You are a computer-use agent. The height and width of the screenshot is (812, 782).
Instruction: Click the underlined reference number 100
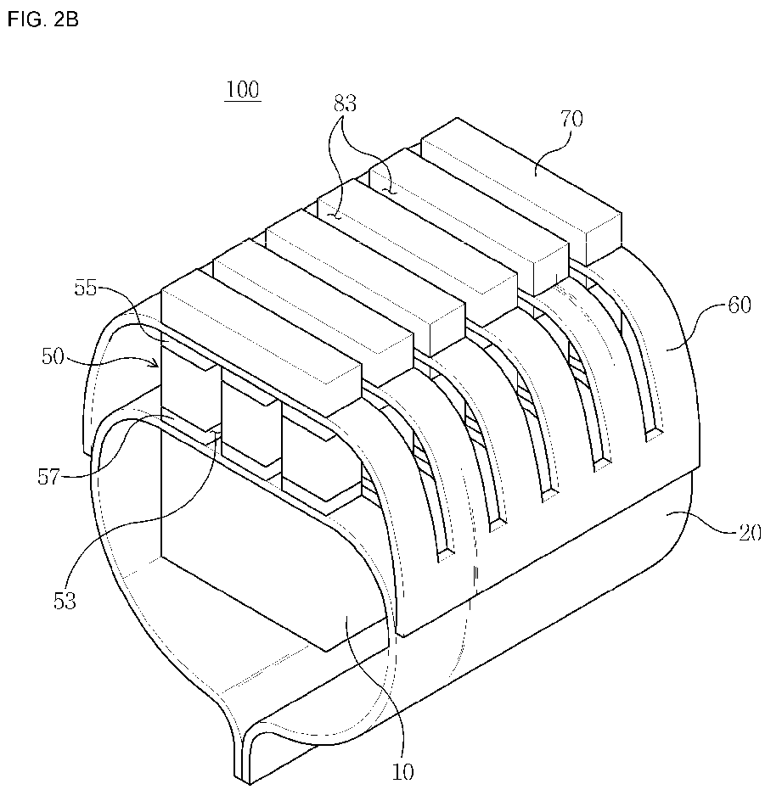point(242,90)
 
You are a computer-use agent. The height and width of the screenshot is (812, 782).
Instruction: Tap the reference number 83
point(345,104)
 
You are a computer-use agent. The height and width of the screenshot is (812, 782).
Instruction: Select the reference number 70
point(571,119)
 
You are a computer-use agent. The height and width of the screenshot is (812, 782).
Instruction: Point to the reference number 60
point(739,305)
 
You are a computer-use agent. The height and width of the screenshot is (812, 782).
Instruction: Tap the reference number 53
point(65,600)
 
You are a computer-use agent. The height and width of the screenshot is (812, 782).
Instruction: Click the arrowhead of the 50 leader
point(156,366)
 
